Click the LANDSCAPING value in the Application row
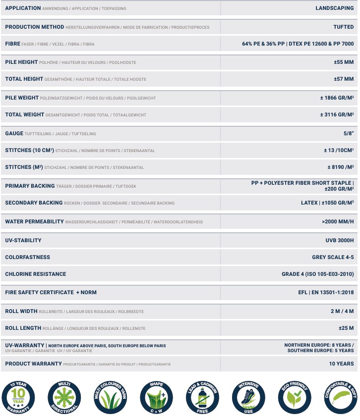coord(335,8)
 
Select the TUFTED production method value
coord(343,27)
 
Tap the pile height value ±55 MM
coord(344,62)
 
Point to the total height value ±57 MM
coord(344,79)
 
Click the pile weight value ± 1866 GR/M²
coord(337,98)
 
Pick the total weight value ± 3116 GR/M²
coord(337,115)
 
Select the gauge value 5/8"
coord(348,134)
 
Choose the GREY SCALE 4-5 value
coord(333,257)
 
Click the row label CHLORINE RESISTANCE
coord(36,274)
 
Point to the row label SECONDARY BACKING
coord(34,203)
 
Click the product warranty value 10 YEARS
coord(341,364)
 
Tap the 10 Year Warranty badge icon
coord(18,398)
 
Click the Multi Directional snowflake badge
coord(64,398)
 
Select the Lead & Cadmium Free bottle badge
coord(202,398)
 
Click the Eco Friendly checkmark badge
coord(295,398)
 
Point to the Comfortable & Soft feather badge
coord(341,398)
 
